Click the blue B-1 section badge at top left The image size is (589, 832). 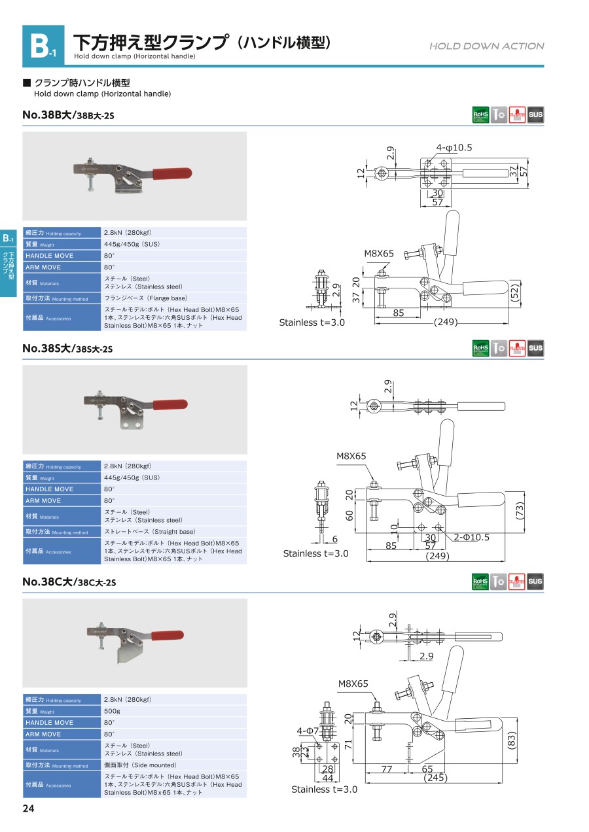click(x=43, y=46)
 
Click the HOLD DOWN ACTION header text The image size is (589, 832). click(x=486, y=46)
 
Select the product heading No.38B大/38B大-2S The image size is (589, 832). click(x=68, y=115)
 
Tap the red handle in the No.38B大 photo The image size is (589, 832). click(x=172, y=173)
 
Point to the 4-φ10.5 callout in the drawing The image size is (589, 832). click(x=454, y=148)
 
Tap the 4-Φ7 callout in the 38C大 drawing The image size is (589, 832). click(x=307, y=730)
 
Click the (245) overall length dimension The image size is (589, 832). click(x=436, y=778)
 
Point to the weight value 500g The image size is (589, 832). click(x=112, y=711)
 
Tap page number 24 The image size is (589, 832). click(x=28, y=808)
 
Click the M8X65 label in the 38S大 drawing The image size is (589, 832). click(x=352, y=456)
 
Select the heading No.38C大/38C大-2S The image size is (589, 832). click(x=68, y=582)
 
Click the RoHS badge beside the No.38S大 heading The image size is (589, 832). click(x=480, y=348)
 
